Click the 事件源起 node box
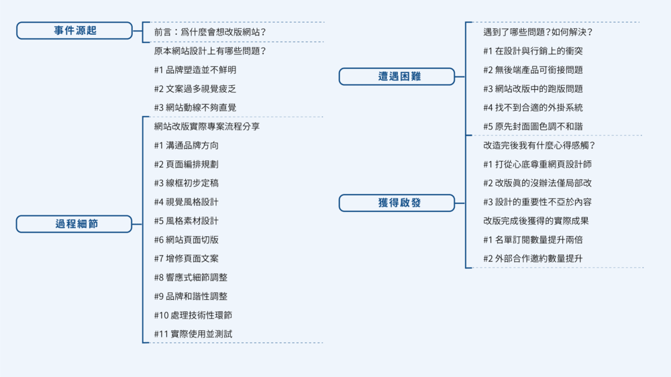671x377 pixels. pyautogui.click(x=74, y=31)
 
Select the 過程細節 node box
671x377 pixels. pyautogui.click(x=74, y=224)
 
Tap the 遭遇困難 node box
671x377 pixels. pyautogui.click(x=397, y=76)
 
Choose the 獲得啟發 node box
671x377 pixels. pyautogui.click(x=397, y=203)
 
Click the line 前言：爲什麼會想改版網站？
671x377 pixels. pyautogui.click(x=210, y=32)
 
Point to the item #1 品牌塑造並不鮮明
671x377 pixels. pyautogui.click(x=195, y=70)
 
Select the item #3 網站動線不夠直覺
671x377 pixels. pyautogui.click(x=195, y=107)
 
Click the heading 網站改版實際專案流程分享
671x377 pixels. pyautogui.click(x=207, y=126)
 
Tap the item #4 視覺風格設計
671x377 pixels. pyautogui.click(x=186, y=202)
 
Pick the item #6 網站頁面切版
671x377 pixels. pyautogui.click(x=186, y=239)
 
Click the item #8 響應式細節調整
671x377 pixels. pyautogui.click(x=191, y=277)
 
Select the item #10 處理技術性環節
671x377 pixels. pyautogui.click(x=193, y=315)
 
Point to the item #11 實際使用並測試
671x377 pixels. pyautogui.click(x=193, y=333)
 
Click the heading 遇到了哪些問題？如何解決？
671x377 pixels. pyautogui.click(x=537, y=32)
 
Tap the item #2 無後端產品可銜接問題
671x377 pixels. pyautogui.click(x=533, y=70)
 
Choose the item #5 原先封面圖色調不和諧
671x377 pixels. pyautogui.click(x=533, y=126)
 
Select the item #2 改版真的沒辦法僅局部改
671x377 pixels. pyautogui.click(x=537, y=182)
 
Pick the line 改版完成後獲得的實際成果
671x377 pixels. pyautogui.click(x=535, y=221)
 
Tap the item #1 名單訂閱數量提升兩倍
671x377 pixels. pyautogui.click(x=533, y=239)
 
